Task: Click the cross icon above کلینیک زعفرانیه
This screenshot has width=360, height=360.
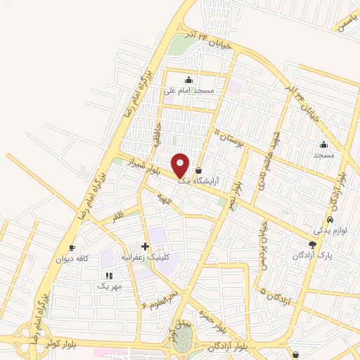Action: click(145, 246)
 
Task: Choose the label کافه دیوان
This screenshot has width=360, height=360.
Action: click(72, 259)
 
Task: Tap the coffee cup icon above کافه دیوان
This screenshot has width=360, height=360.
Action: click(72, 248)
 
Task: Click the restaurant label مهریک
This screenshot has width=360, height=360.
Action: click(109, 286)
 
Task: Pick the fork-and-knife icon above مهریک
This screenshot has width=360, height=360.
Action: click(108, 276)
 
